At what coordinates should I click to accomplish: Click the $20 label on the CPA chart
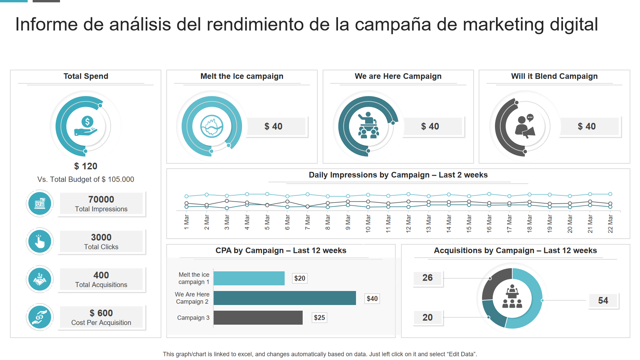300,278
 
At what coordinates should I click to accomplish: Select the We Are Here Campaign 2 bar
285,298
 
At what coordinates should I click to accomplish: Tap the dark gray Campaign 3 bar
258,318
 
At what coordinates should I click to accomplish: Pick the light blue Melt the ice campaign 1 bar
249,278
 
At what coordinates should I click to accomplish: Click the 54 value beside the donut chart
603,300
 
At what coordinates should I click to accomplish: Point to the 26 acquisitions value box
428,278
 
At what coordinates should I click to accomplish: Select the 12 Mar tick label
408,223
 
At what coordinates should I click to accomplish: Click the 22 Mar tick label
610,224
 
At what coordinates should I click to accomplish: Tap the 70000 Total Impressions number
101,199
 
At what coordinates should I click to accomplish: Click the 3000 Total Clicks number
101,237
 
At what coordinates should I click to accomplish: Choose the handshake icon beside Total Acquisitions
40,279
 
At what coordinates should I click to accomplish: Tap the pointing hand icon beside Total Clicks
40,241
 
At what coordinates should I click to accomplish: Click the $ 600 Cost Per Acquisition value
101,313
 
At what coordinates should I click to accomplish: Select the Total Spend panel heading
86,76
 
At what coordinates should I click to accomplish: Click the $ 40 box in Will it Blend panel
589,126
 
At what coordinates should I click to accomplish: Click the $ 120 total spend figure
86,166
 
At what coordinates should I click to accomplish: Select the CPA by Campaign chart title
281,250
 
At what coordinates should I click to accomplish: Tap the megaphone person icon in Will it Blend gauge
525,126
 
